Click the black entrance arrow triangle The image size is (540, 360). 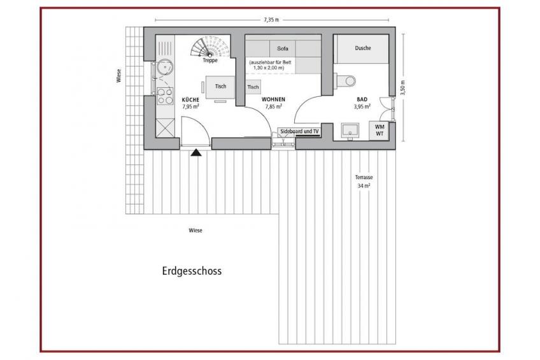pos(196,152)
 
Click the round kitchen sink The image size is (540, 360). pos(165,67)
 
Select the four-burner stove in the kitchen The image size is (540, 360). pos(165,96)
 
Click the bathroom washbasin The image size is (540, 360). pos(350,131)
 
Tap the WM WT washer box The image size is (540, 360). pos(379,130)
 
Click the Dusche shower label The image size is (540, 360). pos(362,48)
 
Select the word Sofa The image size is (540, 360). pos(282,48)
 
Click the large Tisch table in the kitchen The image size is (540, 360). pos(220,87)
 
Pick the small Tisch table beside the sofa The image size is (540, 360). pos(253,87)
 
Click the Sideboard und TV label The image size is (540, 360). pos(299,131)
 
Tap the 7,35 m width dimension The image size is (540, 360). pos(271,20)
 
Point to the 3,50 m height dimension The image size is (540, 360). pos(402,87)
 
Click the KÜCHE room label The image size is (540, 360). pos(190,100)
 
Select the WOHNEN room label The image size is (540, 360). pos(273,99)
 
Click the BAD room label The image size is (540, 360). pos(362,99)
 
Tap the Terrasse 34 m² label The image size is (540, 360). pos(364,182)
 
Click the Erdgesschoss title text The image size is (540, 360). pos(192,271)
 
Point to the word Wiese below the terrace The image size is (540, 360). pos(195,231)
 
